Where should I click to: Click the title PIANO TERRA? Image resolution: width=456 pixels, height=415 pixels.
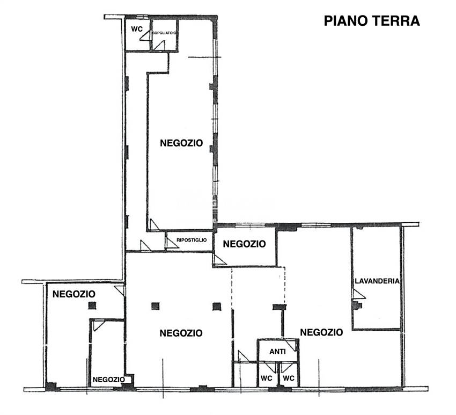click(x=371, y=21)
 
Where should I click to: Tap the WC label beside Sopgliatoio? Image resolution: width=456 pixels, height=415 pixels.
click(x=137, y=29)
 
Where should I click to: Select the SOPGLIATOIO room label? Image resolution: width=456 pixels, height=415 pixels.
click(x=164, y=33)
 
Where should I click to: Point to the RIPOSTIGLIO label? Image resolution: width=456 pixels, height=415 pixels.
click(x=191, y=240)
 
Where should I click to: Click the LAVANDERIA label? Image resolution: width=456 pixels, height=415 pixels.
click(x=378, y=281)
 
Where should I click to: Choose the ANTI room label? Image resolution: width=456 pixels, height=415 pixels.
click(x=277, y=352)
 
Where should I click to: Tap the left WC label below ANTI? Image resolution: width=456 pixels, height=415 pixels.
click(x=267, y=378)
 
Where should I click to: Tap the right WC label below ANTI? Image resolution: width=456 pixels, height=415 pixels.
click(x=289, y=378)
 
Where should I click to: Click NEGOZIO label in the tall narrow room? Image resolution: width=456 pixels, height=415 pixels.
click(x=181, y=143)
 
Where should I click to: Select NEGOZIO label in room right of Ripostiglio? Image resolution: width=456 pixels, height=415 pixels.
click(x=244, y=244)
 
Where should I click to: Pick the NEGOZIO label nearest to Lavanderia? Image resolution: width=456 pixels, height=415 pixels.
click(x=321, y=332)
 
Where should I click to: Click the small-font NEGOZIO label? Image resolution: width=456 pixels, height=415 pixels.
click(x=109, y=380)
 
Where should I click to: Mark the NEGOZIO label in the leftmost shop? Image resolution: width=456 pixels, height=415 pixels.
click(x=73, y=294)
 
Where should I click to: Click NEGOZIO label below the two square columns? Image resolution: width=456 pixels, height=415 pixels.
click(x=181, y=333)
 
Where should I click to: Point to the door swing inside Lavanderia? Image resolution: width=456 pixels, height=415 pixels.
click(x=358, y=293)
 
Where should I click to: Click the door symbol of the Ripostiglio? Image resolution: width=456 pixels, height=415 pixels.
click(x=171, y=243)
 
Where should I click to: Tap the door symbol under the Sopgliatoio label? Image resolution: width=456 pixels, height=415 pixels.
click(x=159, y=45)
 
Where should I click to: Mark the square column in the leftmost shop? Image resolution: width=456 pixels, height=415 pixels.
click(x=92, y=305)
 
